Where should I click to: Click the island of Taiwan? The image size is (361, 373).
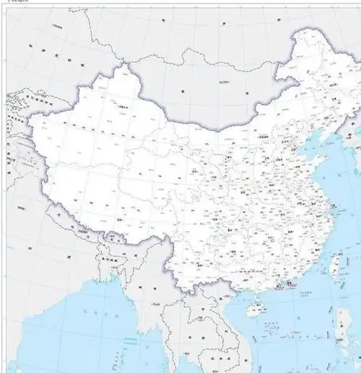pos(334,265)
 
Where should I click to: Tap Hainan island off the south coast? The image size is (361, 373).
pos(253,312)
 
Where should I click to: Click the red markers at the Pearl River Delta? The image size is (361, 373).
pos(286,286)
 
